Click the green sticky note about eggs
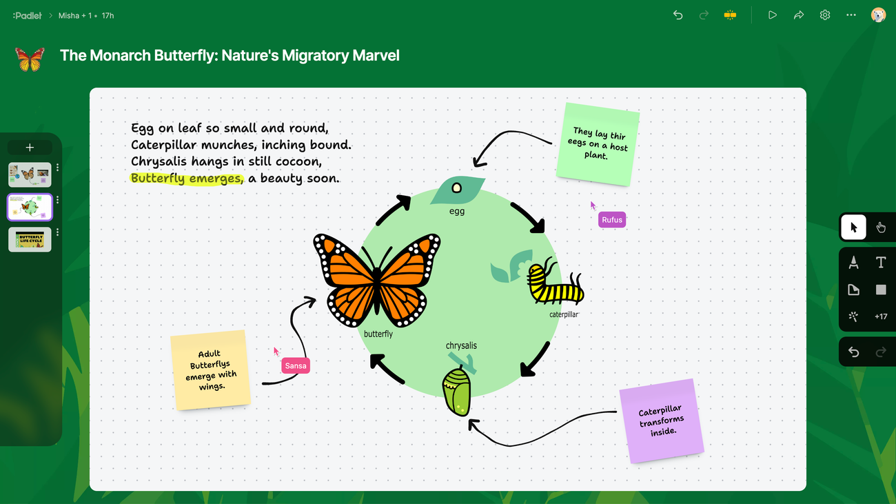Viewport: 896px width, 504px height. (598, 143)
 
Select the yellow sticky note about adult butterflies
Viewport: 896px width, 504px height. (210, 370)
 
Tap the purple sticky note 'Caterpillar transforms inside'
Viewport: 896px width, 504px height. (662, 421)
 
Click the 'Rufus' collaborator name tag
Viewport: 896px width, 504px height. (612, 220)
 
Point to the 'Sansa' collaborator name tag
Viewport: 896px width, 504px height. (296, 365)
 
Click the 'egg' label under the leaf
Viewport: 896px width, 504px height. (457, 211)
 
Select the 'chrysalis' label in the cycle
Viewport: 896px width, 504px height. (461, 345)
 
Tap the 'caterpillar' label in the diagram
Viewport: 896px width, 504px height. (564, 314)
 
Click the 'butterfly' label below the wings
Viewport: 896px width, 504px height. (378, 334)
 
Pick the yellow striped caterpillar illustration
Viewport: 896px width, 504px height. (556, 283)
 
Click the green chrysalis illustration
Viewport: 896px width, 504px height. (457, 392)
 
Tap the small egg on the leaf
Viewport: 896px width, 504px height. (456, 188)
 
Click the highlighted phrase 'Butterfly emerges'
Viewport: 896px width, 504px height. (187, 179)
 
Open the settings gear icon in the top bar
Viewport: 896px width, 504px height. (825, 15)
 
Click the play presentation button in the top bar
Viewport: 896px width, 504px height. (772, 15)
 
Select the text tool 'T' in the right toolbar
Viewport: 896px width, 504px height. (880, 262)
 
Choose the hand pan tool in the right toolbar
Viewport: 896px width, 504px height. (880, 228)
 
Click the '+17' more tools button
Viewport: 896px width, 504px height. (880, 316)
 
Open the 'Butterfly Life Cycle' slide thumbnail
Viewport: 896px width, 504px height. (30, 239)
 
